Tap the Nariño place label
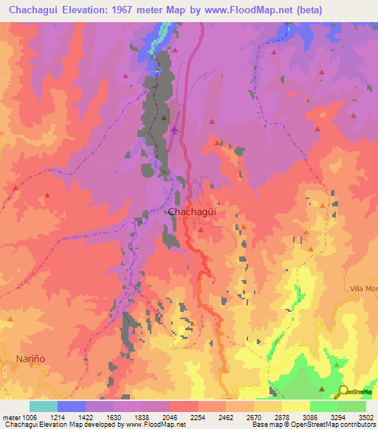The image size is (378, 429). pyautogui.click(x=30, y=358)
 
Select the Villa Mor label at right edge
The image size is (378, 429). pyautogui.click(x=363, y=288)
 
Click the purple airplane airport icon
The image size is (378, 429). pyautogui.click(x=174, y=130)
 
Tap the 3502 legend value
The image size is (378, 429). pyautogui.click(x=366, y=416)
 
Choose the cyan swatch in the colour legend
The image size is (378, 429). pyautogui.click(x=44, y=406)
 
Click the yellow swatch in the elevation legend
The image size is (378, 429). pyautogui.click(x=295, y=406)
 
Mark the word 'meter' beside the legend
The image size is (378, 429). pyautogui.click(x=10, y=416)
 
